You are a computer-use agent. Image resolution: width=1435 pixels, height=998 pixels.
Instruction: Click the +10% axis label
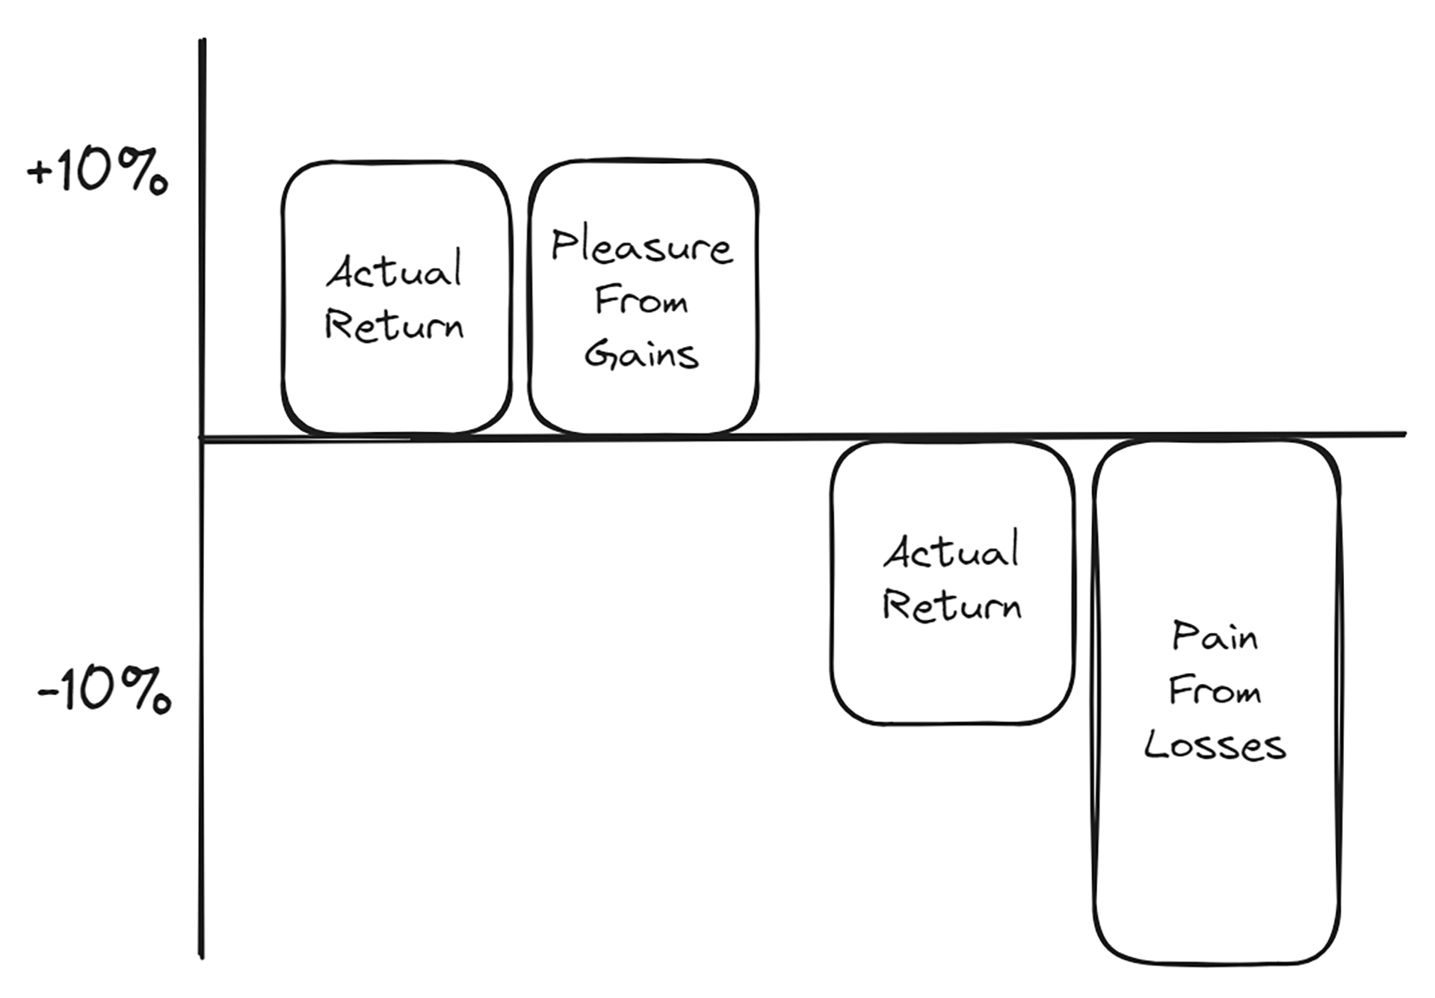coord(97,171)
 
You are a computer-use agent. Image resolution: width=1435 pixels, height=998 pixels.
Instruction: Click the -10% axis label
coord(104,690)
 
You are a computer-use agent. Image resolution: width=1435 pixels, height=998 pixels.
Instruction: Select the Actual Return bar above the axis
coord(397,298)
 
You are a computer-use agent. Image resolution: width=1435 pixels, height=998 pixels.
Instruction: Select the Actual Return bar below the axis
coord(952,582)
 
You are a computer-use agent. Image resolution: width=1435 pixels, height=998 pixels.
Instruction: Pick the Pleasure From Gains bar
coord(644,297)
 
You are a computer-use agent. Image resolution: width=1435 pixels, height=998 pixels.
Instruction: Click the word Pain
coord(1215,636)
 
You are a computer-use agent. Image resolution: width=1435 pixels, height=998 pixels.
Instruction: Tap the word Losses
coord(1215,745)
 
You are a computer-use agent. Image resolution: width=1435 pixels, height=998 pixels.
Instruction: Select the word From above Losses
coord(1215,690)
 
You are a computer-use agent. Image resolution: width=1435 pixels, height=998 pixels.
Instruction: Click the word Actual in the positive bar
coord(394,271)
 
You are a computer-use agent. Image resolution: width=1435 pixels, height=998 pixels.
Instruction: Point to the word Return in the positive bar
coord(394,326)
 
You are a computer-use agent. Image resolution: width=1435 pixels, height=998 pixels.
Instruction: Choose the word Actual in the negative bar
coord(951,550)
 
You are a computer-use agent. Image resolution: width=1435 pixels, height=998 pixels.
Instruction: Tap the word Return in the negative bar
coord(951,605)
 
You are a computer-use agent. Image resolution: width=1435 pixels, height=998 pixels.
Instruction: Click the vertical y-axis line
coord(202,498)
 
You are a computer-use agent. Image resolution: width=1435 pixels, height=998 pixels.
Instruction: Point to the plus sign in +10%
coord(40,173)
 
